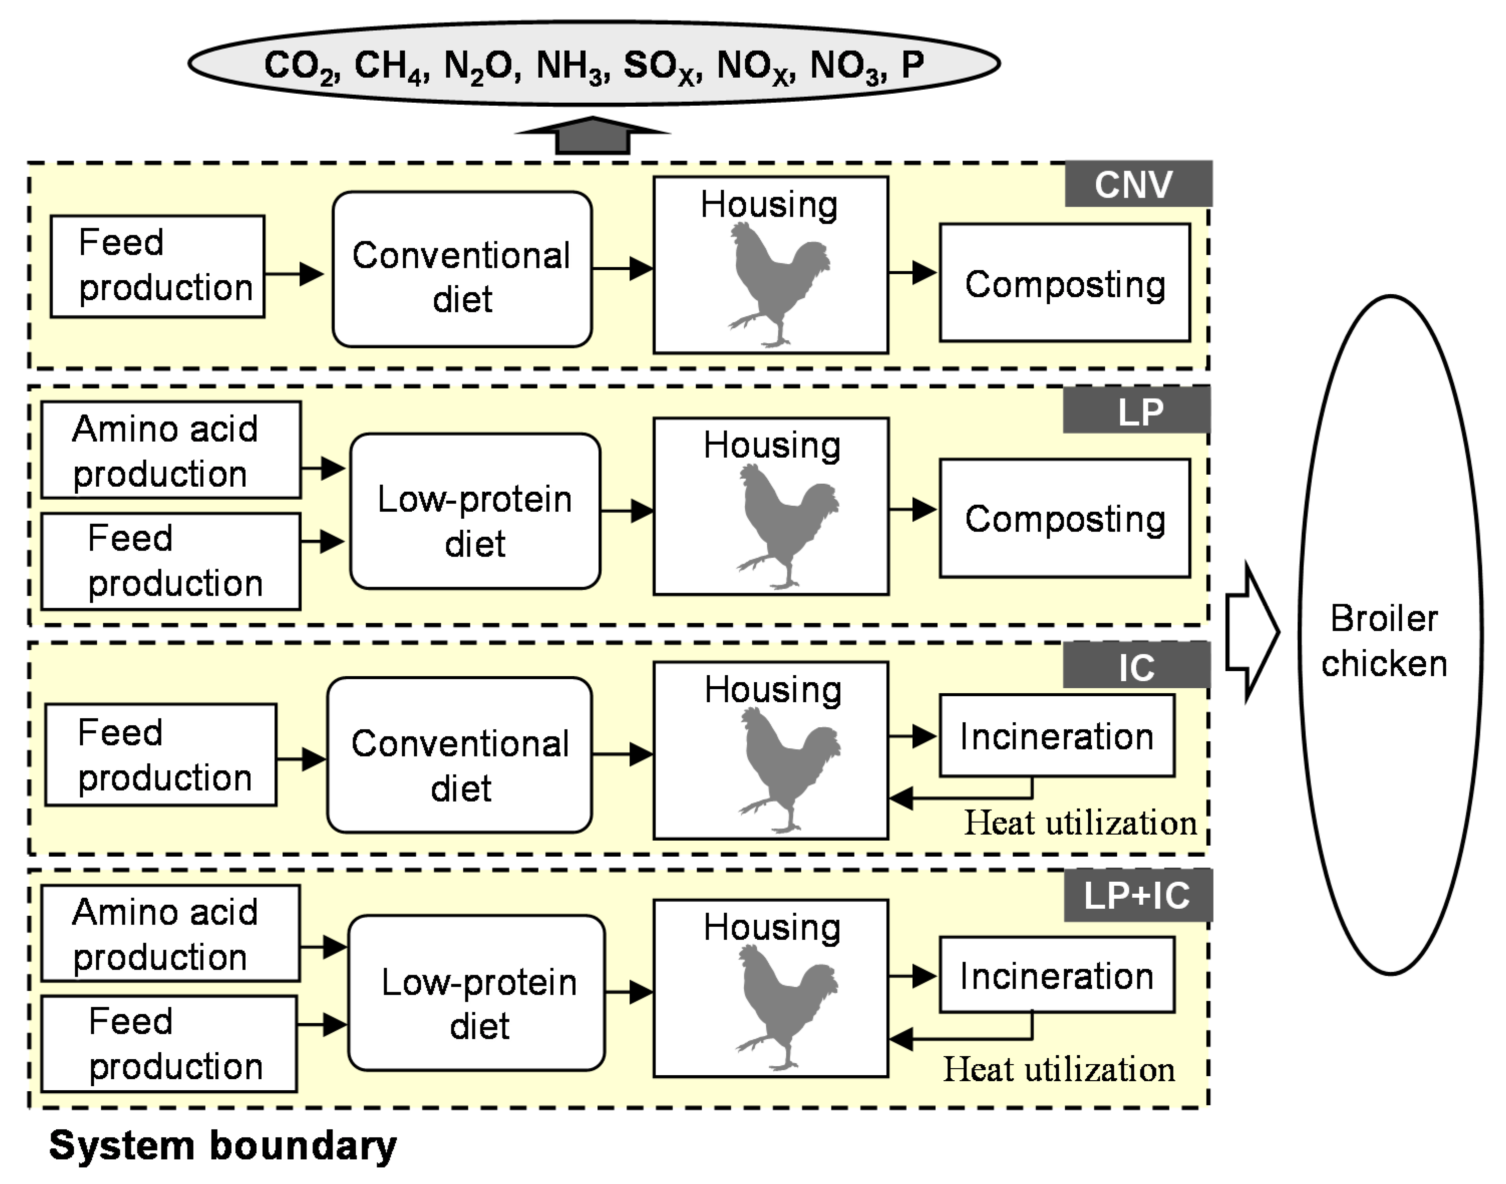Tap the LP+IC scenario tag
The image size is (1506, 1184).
coord(1137,896)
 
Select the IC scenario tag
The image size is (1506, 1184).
coord(1136,667)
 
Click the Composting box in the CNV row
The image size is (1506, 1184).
coord(1064,283)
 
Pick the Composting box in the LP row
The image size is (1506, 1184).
coord(1064,518)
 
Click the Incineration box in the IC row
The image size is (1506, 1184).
coord(1056,735)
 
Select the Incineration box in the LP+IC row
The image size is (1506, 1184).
coord(1056,975)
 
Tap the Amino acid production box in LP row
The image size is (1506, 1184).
coord(171,450)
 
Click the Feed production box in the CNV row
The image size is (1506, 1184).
coord(157,266)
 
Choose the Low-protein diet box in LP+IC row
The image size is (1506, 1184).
coord(476,993)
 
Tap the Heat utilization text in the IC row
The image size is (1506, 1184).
coord(1080,823)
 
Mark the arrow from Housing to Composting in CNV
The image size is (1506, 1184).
coord(913,272)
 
